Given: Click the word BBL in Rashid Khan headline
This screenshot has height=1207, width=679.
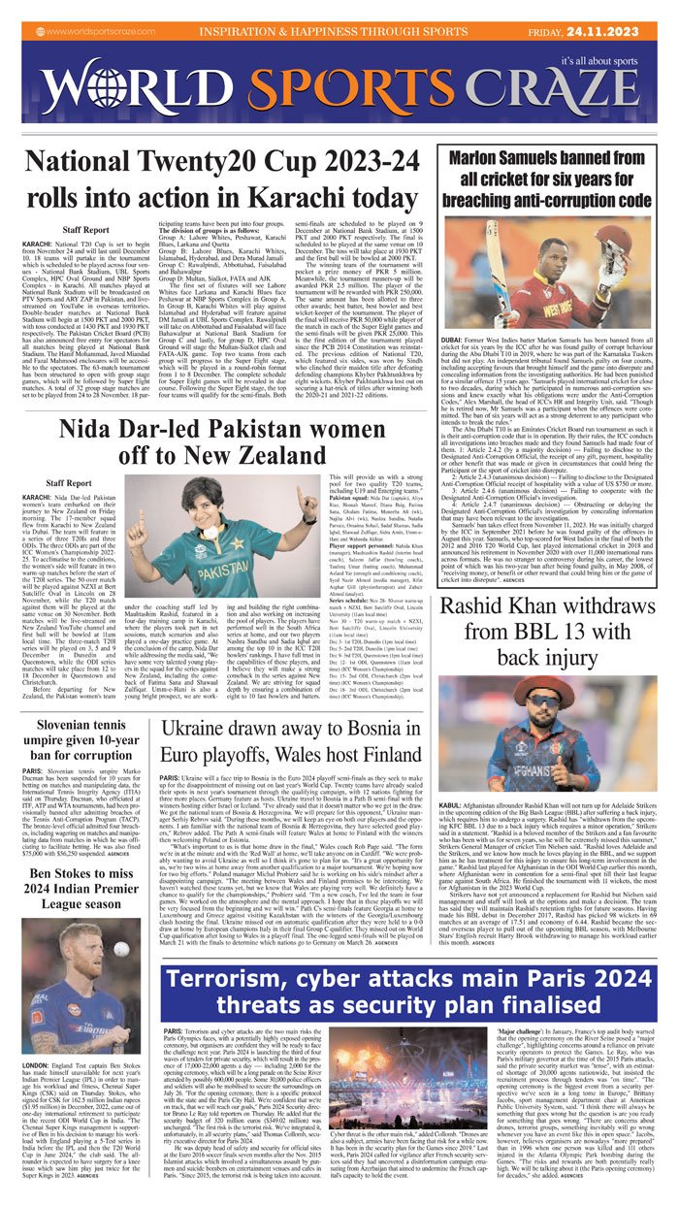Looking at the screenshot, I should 505,661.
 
